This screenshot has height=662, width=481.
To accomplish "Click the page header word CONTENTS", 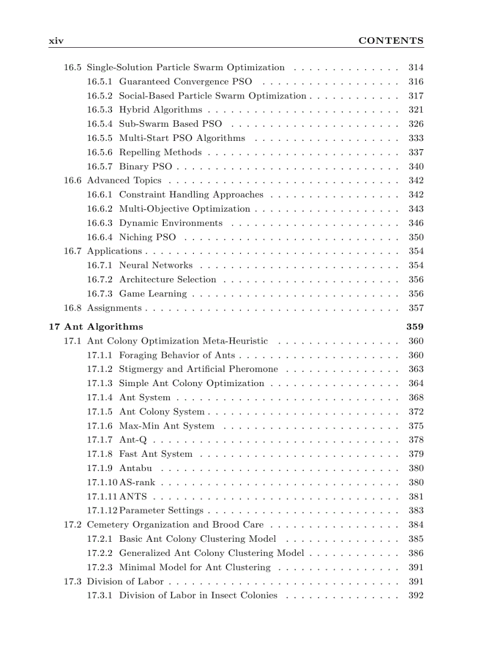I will click(391, 41).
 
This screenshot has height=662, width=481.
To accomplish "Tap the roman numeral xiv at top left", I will click(56, 41).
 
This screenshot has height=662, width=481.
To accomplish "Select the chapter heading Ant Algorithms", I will click(115, 327).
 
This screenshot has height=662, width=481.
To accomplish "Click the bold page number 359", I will click(415, 327).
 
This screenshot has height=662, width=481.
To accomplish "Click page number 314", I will click(416, 68).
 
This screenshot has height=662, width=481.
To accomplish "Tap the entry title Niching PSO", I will click(147, 238).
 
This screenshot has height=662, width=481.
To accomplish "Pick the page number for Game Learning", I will click(416, 294).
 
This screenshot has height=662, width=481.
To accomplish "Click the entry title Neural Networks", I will click(156, 266).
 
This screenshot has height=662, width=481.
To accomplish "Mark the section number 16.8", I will click(73, 308).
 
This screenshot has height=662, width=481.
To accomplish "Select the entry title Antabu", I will click(136, 468).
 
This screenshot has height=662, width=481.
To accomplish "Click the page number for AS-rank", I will click(416, 482).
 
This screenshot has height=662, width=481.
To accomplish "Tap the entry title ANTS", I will click(133, 496).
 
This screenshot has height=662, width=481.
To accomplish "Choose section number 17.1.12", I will click(102, 511).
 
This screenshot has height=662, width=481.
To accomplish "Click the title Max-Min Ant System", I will click(167, 426).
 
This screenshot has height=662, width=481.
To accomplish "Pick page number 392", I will click(416, 595).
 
